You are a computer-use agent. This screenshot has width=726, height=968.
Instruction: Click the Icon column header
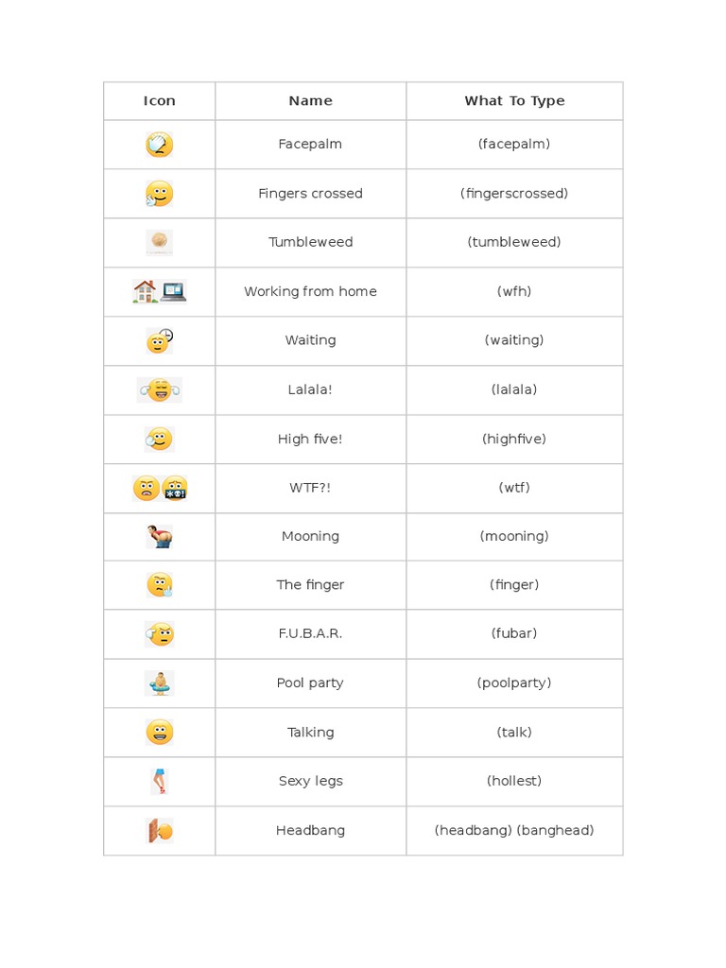coord(159,101)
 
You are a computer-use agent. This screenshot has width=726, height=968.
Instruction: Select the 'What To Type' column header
coord(514,101)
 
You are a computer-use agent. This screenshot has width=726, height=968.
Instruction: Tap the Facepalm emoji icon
coord(159,145)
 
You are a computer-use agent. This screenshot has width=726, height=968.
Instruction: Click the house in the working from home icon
coord(146,291)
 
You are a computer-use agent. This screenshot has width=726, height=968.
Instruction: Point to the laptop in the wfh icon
coord(173,291)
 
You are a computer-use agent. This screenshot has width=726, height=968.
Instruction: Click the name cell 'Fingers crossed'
coord(310,194)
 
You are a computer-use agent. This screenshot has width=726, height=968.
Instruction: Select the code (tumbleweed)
coord(514,243)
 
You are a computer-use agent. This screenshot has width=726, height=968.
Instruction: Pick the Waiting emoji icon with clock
coord(160,340)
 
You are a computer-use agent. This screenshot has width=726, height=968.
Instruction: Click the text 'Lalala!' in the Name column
coord(310,389)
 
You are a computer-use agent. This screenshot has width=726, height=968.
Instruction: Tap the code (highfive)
coord(514,439)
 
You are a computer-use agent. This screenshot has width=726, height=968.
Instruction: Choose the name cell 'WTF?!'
coord(310,488)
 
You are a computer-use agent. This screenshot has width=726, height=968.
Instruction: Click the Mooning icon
coord(160,537)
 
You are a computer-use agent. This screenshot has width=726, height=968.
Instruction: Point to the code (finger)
coord(514,585)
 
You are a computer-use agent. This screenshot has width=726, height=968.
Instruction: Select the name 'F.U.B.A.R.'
coord(310,634)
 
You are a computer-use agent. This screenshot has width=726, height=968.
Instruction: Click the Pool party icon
coord(160,683)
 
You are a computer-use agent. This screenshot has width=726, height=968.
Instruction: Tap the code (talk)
coord(514,733)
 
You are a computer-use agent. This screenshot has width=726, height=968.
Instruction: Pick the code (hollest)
coord(514,782)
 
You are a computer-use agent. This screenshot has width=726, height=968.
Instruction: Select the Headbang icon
coord(160,831)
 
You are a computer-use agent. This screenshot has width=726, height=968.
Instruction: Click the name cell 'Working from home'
coord(310,292)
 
